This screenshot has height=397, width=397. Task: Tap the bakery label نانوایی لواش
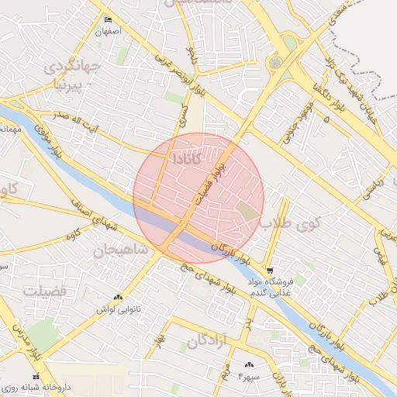[112, 309]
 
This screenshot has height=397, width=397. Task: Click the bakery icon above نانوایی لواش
[118, 297]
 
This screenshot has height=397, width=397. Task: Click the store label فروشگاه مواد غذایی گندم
[288, 285]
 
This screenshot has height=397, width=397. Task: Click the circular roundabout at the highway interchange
[275, 62]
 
